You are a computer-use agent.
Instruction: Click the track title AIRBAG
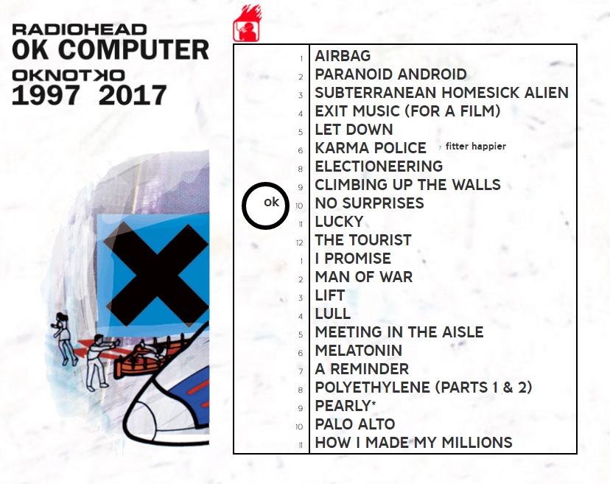coord(343,56)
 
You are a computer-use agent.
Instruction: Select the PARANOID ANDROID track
coord(390,74)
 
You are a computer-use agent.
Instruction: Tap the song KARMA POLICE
coord(371,148)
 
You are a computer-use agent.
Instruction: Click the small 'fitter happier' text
coord(475,147)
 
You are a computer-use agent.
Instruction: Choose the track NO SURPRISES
coord(369,203)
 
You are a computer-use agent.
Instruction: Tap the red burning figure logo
coord(248,24)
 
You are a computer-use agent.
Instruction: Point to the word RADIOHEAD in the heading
coord(80,30)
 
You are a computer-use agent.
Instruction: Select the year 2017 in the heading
coord(133,96)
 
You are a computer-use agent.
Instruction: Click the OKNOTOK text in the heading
coord(69,75)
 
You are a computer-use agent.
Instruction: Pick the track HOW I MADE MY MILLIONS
coord(413,443)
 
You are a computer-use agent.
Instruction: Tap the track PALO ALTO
coord(354,424)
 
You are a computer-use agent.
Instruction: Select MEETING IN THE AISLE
coord(399,332)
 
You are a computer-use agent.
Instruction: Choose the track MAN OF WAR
coord(363,277)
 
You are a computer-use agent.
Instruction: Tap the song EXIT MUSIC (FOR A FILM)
coord(407,111)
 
